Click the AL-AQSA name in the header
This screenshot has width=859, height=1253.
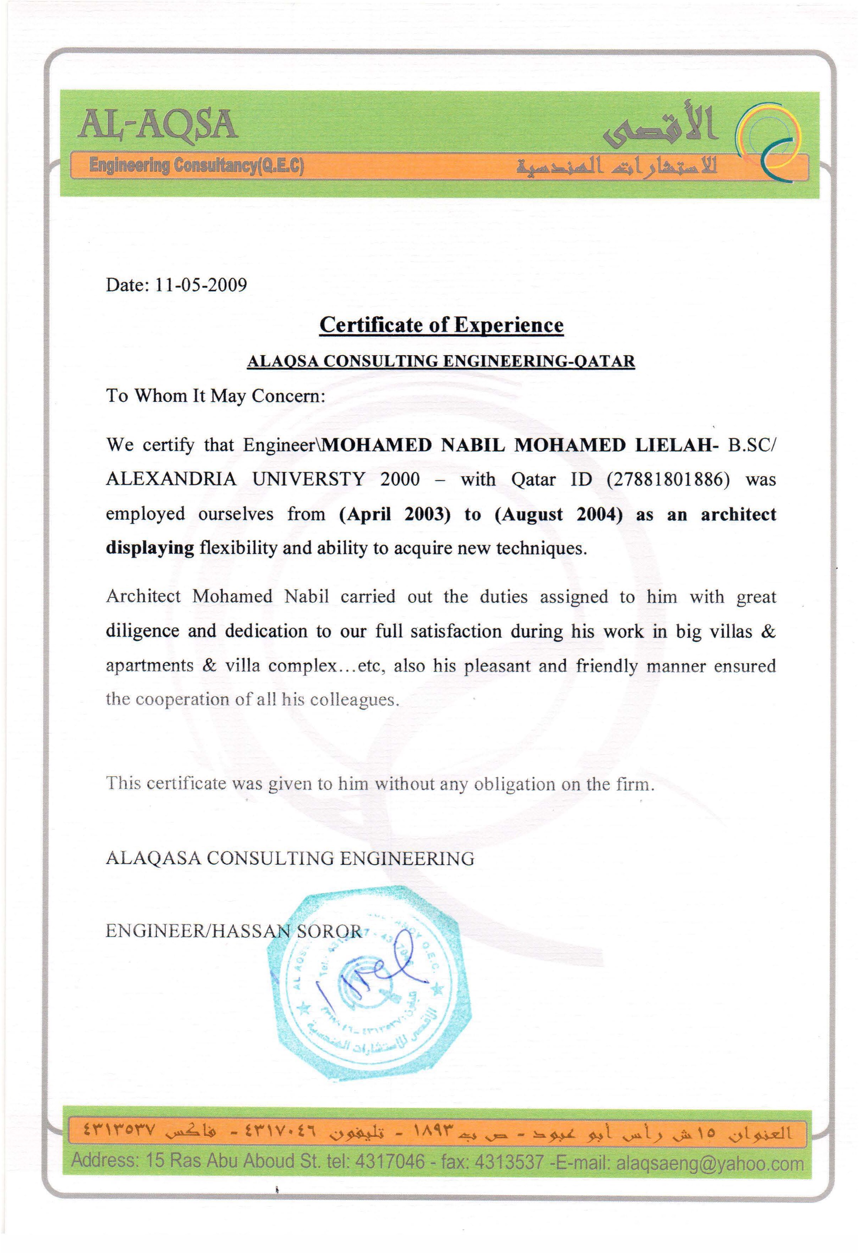(158, 125)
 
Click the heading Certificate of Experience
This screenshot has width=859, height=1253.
(441, 325)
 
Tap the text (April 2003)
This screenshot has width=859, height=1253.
(395, 514)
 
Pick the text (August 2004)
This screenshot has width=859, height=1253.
(559, 514)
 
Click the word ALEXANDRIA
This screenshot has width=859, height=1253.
(171, 479)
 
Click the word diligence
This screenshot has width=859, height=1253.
(142, 631)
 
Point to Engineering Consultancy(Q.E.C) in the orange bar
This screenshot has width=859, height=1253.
(197, 165)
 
